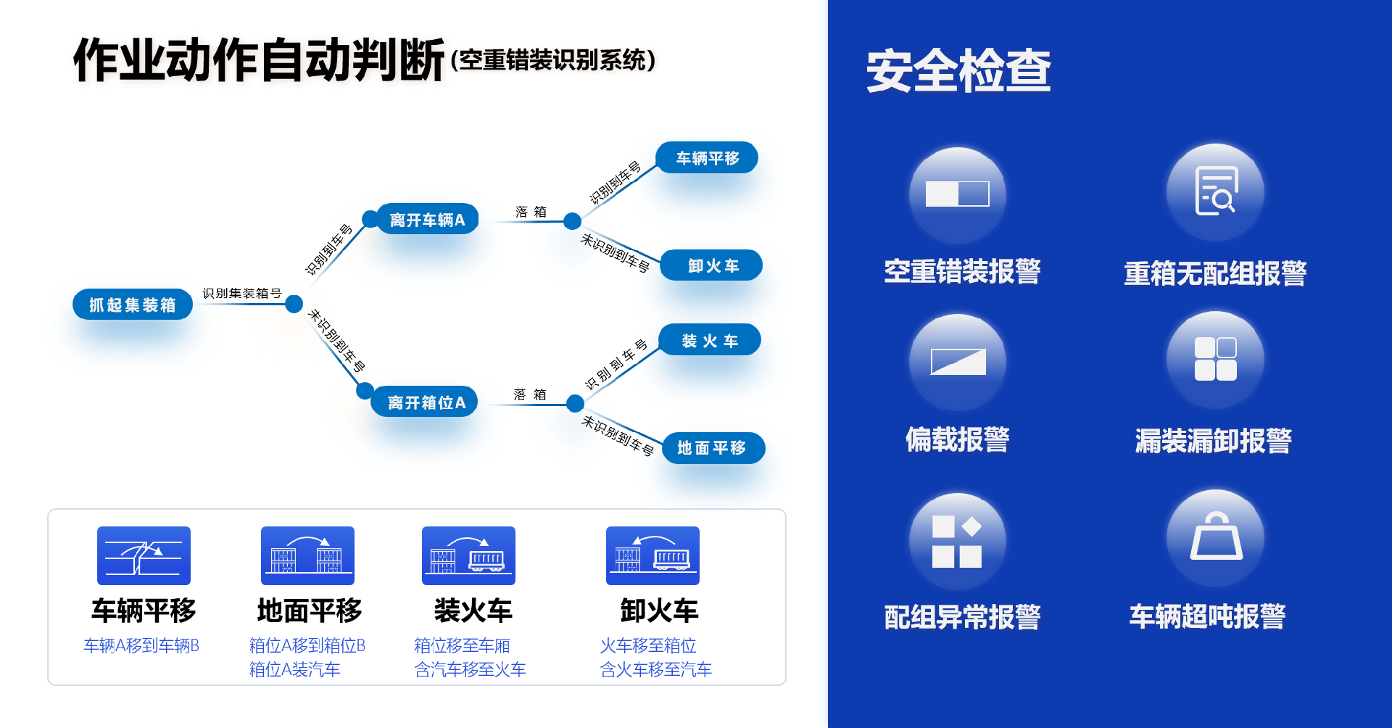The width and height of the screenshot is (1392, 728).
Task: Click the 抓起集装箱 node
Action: (x=133, y=305)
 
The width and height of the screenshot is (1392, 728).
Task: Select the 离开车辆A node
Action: (x=427, y=219)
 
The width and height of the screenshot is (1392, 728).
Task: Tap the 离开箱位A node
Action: (x=426, y=402)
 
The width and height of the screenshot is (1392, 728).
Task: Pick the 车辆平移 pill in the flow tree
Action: (x=707, y=158)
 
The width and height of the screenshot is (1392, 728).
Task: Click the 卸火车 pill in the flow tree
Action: (x=712, y=265)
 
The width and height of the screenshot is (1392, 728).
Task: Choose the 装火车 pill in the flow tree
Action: (x=710, y=340)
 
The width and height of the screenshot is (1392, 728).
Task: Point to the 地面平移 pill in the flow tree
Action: (x=713, y=448)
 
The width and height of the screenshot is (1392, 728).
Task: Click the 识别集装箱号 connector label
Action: (x=241, y=293)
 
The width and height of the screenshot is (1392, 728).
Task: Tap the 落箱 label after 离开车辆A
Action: (x=531, y=212)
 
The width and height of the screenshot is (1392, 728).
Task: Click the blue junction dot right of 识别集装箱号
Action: (x=294, y=304)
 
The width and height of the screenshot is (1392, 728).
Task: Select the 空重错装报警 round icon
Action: (x=957, y=194)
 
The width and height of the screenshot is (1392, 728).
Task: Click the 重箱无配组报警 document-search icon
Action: (x=1215, y=191)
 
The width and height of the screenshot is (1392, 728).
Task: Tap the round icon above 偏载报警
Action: (x=957, y=361)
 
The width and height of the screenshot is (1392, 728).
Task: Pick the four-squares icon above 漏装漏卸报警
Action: (x=1215, y=359)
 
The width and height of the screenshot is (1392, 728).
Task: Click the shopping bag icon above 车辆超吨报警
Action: (x=1216, y=537)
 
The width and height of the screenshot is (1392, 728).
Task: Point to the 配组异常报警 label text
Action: (x=962, y=617)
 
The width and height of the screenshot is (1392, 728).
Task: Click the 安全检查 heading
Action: (x=958, y=71)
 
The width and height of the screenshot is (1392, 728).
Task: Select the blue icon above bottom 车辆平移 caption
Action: (x=144, y=555)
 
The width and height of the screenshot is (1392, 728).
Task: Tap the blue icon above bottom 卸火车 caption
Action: (x=652, y=555)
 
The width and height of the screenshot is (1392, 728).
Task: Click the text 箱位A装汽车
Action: (x=294, y=669)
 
